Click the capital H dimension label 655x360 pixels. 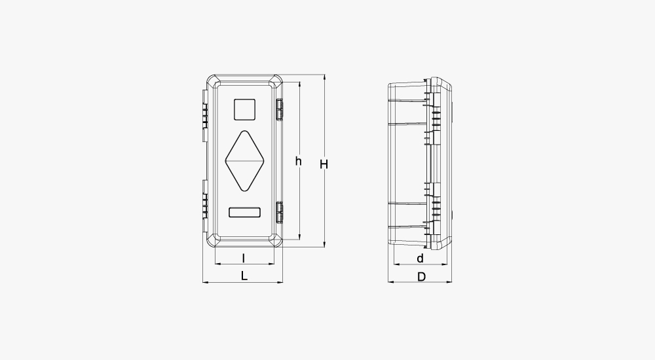coord(324,164)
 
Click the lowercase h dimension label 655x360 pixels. coord(298,161)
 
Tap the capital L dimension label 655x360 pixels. coord(244,276)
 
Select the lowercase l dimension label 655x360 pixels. coord(244,259)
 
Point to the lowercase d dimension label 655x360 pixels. coord(421,259)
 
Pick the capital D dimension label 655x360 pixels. coord(421,277)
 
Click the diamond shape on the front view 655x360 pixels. coord(245,161)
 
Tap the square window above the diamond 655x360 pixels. coord(244,109)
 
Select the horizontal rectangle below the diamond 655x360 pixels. coord(245,212)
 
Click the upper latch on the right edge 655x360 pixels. coord(279,109)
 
